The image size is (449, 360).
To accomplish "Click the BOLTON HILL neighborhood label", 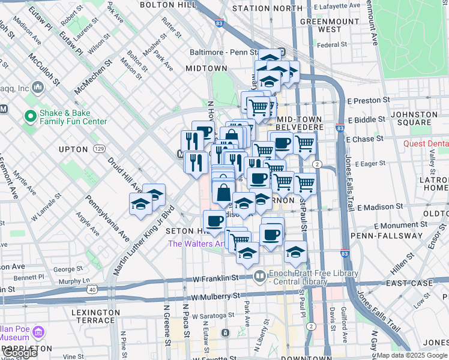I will pyautogui.click(x=167, y=5).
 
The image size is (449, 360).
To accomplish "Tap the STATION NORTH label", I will pyautogui.click(x=267, y=8).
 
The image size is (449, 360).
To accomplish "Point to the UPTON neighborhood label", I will pyautogui.click(x=73, y=149).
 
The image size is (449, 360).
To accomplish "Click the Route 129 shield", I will pyautogui.click(x=100, y=148).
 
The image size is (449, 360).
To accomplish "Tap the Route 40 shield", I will pyautogui.click(x=92, y=289).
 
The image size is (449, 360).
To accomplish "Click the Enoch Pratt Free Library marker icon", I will pyautogui.click(x=259, y=277).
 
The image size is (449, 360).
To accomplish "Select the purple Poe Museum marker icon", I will pyautogui.click(x=38, y=332).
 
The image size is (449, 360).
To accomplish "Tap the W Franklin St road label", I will pyautogui.click(x=215, y=278).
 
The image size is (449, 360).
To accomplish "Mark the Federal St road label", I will pyautogui.click(x=332, y=44).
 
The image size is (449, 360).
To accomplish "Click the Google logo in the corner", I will pyautogui.click(x=19, y=353).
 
